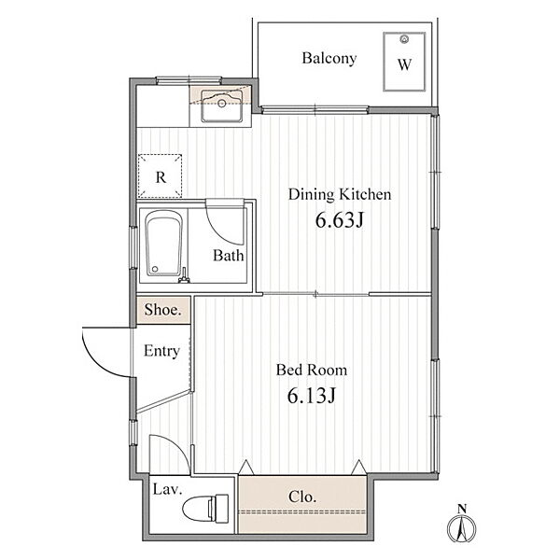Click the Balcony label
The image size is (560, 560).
(329, 58)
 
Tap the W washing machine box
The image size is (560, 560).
(404, 62)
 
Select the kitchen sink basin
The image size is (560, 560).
(221, 106)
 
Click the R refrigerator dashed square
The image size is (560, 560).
(160, 176)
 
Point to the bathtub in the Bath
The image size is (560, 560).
(164, 243)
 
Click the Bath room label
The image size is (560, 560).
(229, 256)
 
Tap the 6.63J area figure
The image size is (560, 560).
(339, 219)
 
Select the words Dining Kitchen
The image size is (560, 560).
(340, 194)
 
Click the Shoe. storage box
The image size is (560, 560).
(162, 310)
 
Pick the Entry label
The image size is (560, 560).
(161, 351)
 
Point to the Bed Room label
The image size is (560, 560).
(312, 370)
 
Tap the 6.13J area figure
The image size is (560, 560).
(311, 396)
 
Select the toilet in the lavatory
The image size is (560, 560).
(205, 509)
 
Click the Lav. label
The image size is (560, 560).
(167, 489)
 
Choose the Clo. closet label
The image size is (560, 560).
(302, 497)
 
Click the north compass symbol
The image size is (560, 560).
(462, 525)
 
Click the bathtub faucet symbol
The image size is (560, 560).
(183, 277)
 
